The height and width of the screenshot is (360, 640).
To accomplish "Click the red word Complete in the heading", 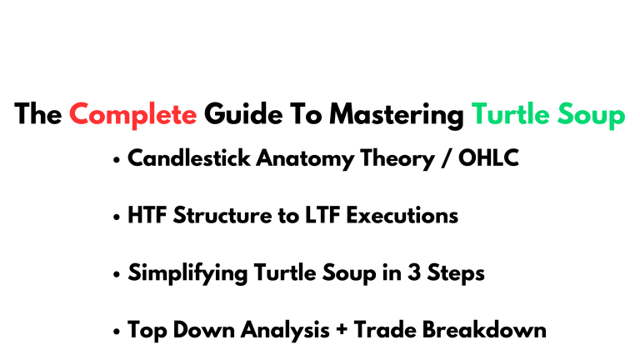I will click(x=133, y=114).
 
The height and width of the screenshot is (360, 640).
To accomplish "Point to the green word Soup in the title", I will click(x=590, y=114).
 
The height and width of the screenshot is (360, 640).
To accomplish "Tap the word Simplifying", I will click(x=182, y=273).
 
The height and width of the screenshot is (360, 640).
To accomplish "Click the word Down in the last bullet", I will click(x=192, y=330).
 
